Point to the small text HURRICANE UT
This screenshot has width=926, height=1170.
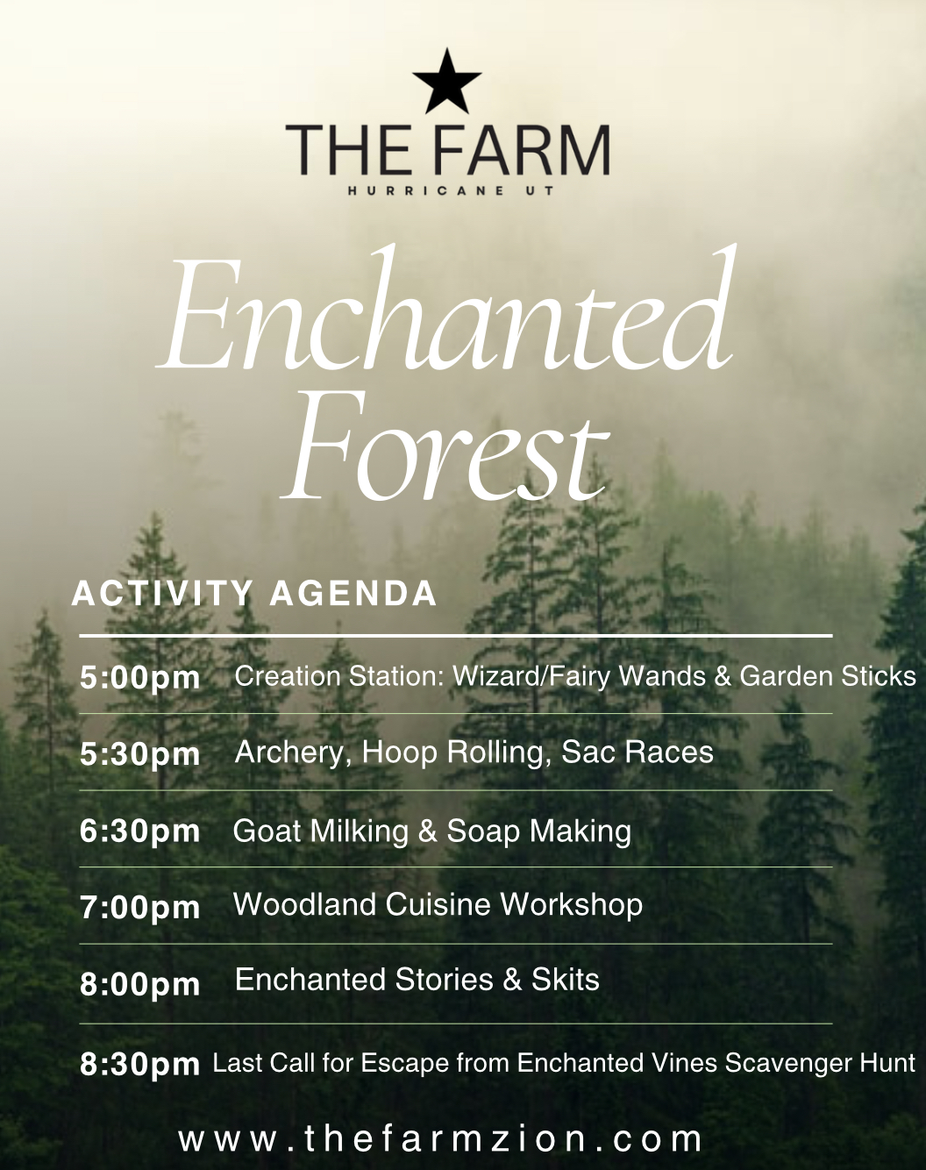(x=452, y=191)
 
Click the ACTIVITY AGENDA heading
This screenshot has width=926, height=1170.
(x=254, y=594)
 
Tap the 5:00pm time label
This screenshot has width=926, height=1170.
(x=139, y=678)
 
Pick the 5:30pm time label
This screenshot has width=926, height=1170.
(x=139, y=754)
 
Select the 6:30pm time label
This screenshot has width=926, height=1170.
(x=139, y=831)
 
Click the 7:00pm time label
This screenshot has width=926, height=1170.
(x=139, y=908)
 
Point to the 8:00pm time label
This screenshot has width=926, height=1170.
(x=139, y=984)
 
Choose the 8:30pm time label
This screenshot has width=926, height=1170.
(x=139, y=1065)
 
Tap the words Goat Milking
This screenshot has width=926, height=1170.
(x=320, y=831)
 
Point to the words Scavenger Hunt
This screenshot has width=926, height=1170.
(x=823, y=1063)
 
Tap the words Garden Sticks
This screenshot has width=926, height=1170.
(x=828, y=676)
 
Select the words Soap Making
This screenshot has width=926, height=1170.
(x=539, y=831)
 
